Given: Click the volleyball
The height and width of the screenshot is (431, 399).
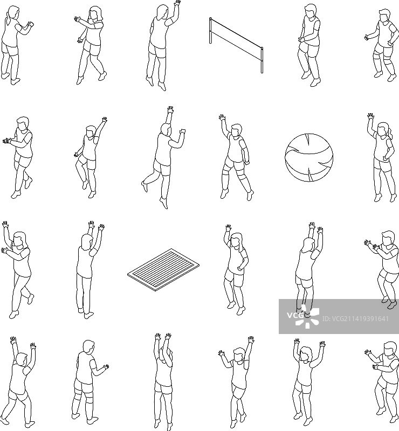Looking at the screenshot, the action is [309, 157].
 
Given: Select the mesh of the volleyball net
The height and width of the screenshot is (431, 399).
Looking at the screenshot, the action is [236, 39].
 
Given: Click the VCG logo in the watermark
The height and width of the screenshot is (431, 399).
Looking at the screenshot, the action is [302, 316].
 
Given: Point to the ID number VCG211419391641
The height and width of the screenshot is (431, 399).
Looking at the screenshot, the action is [355, 319].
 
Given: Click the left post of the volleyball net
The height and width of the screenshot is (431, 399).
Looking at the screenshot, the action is [211, 30].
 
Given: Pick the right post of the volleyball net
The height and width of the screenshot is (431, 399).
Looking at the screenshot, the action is [262, 60].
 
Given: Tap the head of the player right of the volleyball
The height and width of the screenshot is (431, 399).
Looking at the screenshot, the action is [382, 130].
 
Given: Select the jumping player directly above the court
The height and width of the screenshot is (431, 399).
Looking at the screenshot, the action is [163, 157].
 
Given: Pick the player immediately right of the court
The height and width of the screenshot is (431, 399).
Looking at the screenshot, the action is [236, 270].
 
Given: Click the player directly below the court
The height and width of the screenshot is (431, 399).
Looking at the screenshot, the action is [163, 381].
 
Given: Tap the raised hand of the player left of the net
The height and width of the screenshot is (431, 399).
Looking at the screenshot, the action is [177, 3].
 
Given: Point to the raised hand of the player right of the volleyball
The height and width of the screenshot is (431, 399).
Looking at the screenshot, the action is [370, 116].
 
